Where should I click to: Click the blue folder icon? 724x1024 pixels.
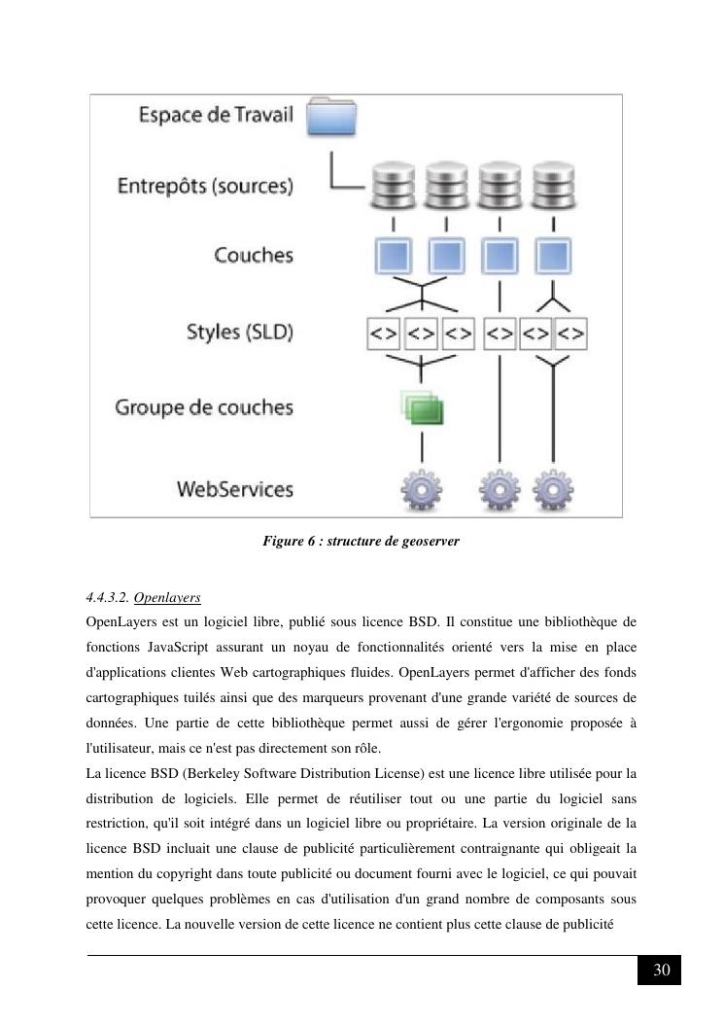coord(331,116)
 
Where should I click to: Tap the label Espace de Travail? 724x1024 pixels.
coord(216,115)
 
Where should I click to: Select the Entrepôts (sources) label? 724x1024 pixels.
coord(205,185)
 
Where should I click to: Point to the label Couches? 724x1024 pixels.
coord(254,256)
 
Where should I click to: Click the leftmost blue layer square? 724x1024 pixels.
coord(394,256)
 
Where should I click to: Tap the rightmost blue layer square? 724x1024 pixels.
coord(554,256)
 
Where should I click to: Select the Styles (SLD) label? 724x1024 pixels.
coord(240,332)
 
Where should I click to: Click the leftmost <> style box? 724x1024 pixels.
coord(383,334)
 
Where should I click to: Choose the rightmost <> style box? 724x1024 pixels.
coord(571,334)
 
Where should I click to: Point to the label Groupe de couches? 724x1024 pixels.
coord(204,406)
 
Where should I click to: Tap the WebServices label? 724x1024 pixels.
coord(234,488)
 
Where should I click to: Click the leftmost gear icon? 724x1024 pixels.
coord(422,490)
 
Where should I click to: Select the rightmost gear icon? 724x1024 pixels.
coord(554,490)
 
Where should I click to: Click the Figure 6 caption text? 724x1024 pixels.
coord(361,541)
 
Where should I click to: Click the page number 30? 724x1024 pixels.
coord(661,970)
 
